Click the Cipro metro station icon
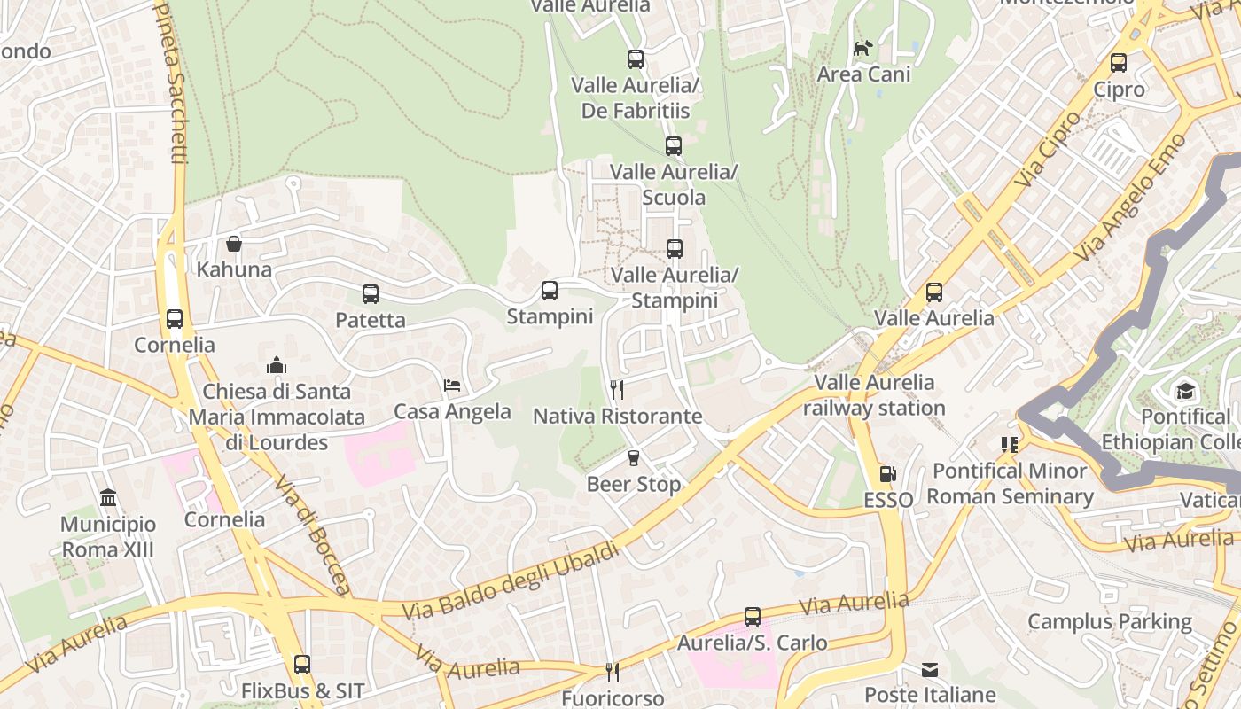1119,63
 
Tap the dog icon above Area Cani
862,48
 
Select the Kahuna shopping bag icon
234,243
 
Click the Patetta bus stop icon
371,293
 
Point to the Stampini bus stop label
550,316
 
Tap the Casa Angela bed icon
452,386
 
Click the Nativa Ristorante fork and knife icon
617,389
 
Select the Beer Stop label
633,485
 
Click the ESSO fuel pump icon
888,474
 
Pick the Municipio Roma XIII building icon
108,497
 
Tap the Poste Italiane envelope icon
930,669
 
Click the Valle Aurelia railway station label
874,395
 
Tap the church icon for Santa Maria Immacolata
277,365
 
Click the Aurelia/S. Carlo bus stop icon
753,616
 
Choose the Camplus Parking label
1110,621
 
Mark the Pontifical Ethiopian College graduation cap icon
1185,391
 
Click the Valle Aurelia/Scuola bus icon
674,146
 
